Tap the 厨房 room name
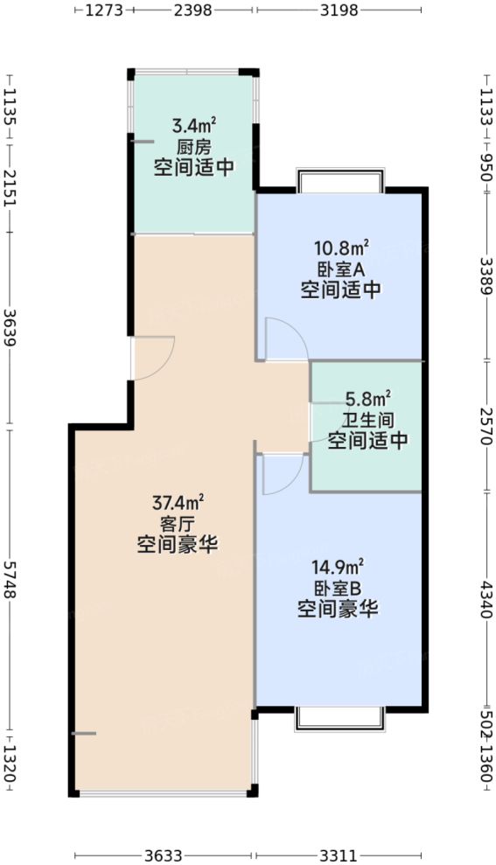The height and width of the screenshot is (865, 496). [x=194, y=148]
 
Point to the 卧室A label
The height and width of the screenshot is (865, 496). [x=341, y=270]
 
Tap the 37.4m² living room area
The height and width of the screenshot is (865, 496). [x=178, y=504]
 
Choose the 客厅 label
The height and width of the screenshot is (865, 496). [x=178, y=524]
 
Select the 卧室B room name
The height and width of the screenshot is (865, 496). [x=338, y=589]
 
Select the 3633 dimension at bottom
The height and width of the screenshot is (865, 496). [x=164, y=855]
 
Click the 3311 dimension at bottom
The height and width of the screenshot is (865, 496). [x=339, y=855]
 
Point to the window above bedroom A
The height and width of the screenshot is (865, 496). [x=340, y=181]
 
